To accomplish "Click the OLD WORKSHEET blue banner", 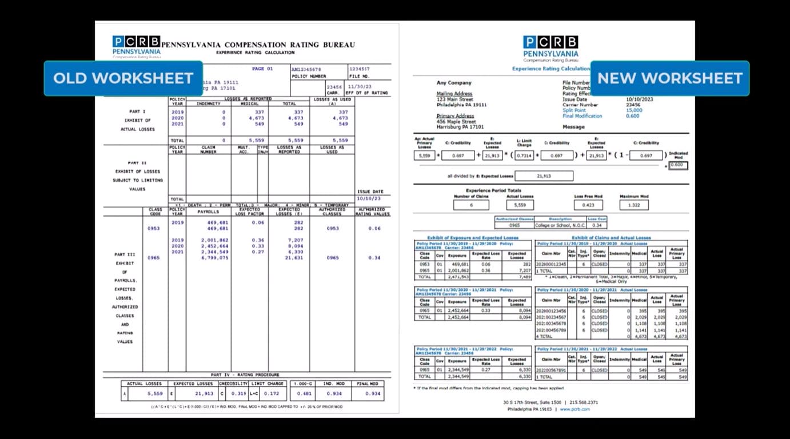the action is click(123, 78).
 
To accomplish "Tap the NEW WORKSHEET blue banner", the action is click(669, 78).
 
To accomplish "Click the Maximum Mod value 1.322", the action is click(633, 205).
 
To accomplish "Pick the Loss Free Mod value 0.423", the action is click(588, 205).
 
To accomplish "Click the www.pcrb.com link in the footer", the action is click(576, 409).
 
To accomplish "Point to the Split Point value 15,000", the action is click(634, 110).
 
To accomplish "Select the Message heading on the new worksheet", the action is click(573, 127).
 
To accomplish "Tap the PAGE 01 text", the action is click(262, 69).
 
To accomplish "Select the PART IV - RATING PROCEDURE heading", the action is click(247, 375).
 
